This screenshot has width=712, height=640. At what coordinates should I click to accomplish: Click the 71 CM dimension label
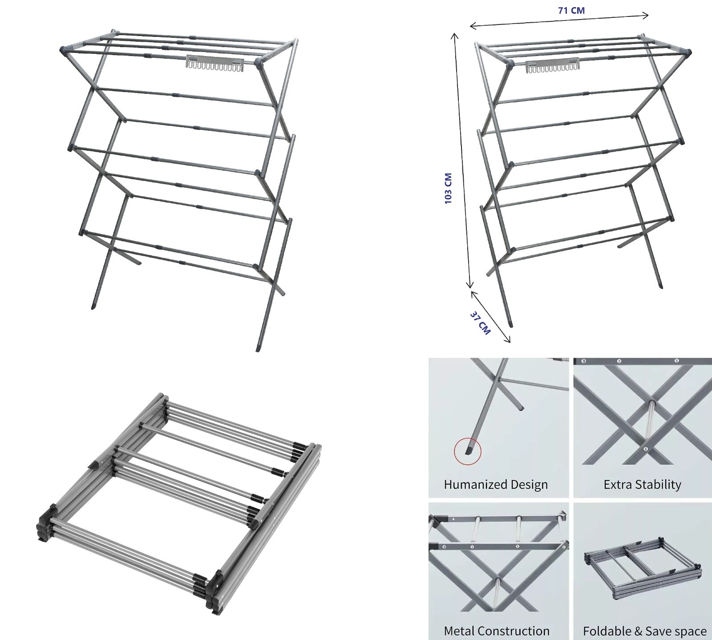click(571, 10)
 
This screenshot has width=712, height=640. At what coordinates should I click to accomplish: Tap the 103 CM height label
click(448, 189)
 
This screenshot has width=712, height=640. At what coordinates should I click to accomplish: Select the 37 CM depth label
click(480, 323)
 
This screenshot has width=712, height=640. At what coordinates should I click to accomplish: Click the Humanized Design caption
click(496, 484)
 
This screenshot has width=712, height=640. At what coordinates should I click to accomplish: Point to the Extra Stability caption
click(642, 484)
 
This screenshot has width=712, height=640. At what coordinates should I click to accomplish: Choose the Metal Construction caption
click(497, 631)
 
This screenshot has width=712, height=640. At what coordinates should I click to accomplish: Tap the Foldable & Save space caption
click(645, 631)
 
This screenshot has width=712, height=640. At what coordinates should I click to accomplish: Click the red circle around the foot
click(468, 451)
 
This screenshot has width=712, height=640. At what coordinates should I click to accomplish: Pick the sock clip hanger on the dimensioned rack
click(550, 65)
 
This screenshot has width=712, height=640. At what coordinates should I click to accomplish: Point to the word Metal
click(458, 631)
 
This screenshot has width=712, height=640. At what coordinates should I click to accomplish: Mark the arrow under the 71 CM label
click(559, 21)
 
